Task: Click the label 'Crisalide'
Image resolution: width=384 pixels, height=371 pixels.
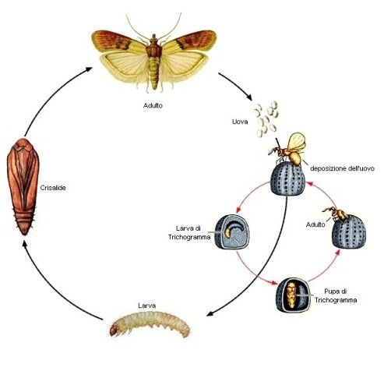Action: pyautogui.click(x=53, y=188)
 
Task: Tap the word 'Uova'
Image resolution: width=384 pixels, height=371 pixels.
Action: pyautogui.click(x=240, y=122)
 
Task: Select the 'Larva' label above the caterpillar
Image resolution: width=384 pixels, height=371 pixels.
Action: pyautogui.click(x=147, y=306)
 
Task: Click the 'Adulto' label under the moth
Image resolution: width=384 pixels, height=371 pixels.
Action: pyautogui.click(x=153, y=105)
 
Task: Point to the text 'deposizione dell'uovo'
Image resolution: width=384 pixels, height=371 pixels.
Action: pyautogui.click(x=342, y=168)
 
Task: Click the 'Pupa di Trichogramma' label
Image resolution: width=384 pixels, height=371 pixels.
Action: pyautogui.click(x=336, y=295)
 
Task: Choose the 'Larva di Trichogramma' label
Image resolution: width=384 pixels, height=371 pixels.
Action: pyautogui.click(x=189, y=233)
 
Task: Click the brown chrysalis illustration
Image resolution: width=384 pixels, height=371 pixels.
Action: pyautogui.click(x=23, y=186)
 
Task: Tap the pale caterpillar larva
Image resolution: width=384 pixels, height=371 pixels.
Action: pyautogui.click(x=150, y=324)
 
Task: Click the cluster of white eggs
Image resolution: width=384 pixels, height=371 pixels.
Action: pyautogui.click(x=266, y=118)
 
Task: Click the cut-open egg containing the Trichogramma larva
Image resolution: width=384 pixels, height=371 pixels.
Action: pyautogui.click(x=232, y=232)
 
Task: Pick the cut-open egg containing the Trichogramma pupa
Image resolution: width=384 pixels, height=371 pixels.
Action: pyautogui.click(x=293, y=295)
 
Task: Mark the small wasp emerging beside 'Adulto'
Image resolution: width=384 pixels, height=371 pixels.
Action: pyautogui.click(x=336, y=214)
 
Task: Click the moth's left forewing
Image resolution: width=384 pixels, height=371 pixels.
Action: pyautogui.click(x=118, y=41)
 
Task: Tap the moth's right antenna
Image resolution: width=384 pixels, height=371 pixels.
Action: pyautogui.click(x=171, y=26)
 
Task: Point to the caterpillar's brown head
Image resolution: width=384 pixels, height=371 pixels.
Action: pyautogui.click(x=114, y=330)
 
